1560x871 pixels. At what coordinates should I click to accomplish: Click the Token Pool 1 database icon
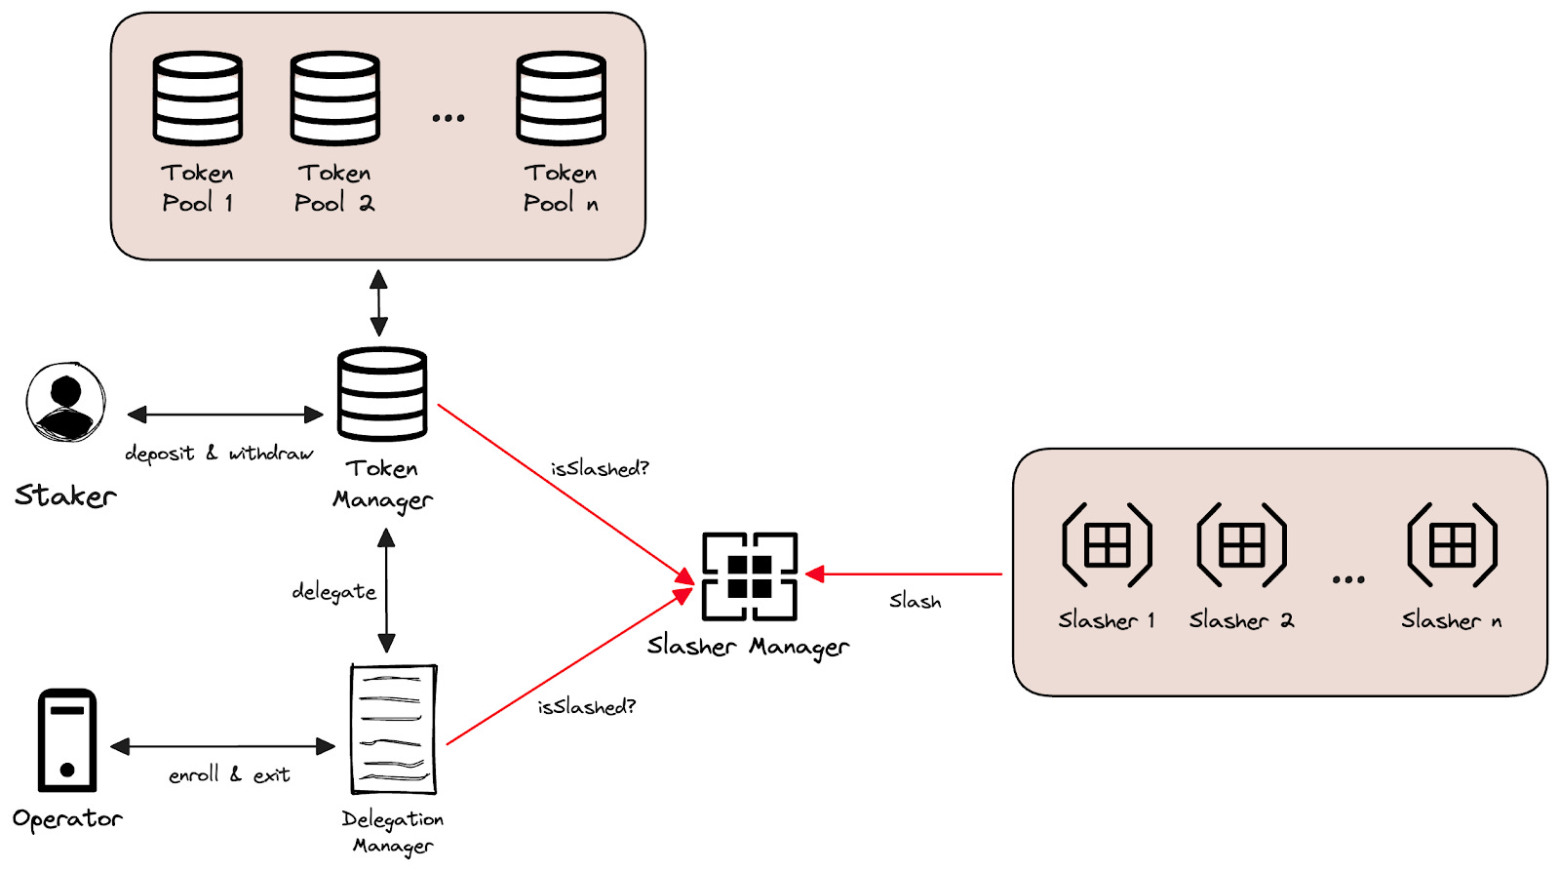(x=197, y=98)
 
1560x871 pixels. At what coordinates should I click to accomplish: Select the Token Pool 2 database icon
(x=334, y=98)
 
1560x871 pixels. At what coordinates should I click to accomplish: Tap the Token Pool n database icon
(x=561, y=98)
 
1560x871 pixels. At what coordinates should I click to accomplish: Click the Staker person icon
(x=65, y=402)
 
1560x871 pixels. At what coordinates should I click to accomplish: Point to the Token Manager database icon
(x=382, y=394)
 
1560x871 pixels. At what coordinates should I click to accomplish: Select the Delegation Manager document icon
(x=393, y=729)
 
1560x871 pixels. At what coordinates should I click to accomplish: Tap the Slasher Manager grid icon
(x=749, y=575)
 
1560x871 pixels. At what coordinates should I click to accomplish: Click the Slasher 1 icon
(x=1107, y=544)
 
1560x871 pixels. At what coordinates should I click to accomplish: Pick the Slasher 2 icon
(x=1241, y=544)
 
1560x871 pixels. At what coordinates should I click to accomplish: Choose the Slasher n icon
(x=1452, y=544)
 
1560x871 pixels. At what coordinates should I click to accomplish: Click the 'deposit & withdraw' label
(x=218, y=454)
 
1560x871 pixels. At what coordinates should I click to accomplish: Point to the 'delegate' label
(x=333, y=592)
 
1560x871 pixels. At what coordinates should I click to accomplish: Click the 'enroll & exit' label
(x=229, y=775)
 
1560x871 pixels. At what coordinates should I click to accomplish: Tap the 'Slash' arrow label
(x=915, y=601)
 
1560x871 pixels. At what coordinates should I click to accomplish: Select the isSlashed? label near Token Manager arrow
(x=600, y=469)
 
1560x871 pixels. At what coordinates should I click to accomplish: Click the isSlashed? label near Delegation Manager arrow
(x=586, y=706)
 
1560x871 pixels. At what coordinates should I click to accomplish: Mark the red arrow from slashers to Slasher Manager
(x=907, y=574)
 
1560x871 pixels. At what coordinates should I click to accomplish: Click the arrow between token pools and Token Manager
(x=378, y=303)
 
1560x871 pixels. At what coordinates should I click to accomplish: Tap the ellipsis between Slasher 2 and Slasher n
(x=1347, y=579)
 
